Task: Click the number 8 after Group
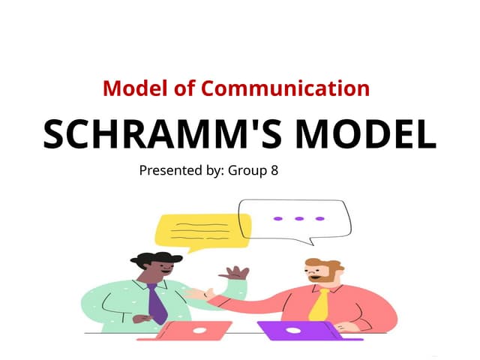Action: [274, 170]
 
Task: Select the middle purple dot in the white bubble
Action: [298, 218]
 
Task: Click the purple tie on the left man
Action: [156, 303]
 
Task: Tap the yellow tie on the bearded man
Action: [319, 304]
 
